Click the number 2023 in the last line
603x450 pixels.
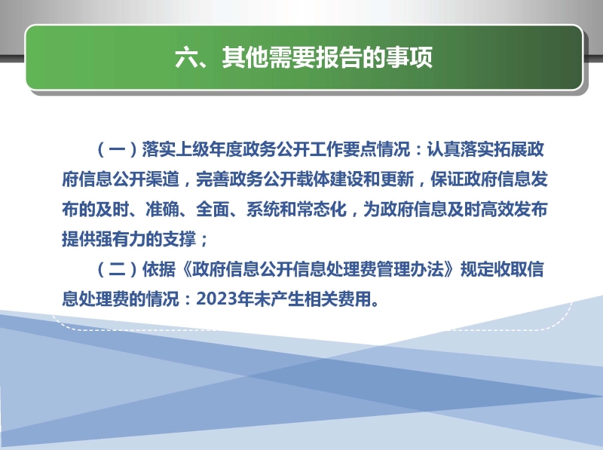pos(216,298)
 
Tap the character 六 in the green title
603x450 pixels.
pos(187,57)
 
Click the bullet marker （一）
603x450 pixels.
pos(118,149)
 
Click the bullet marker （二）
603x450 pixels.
pos(118,269)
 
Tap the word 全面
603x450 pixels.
pos(213,210)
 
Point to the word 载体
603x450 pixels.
pos(314,179)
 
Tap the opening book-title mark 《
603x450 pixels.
pos(185,269)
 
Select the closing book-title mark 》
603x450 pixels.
pos(453,269)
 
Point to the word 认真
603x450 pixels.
pos(443,149)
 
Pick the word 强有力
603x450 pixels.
pos(121,239)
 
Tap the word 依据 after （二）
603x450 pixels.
pos(159,269)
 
